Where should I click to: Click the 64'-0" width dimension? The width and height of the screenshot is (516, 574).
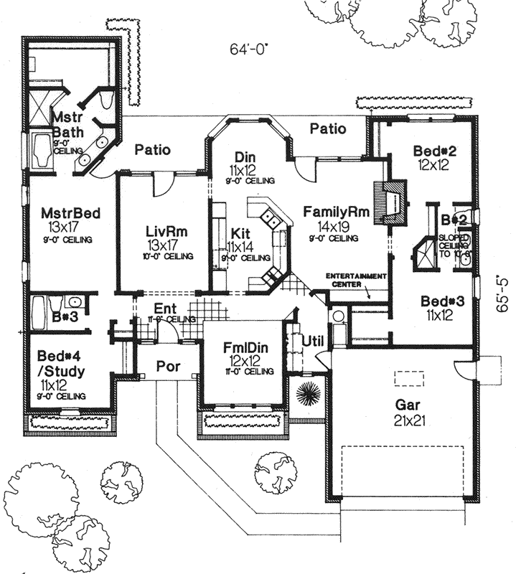[250, 50]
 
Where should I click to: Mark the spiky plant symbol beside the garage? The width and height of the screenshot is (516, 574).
[309, 392]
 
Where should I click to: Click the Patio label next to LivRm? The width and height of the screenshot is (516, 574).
[152, 150]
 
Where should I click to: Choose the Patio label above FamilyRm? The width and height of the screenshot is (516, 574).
[328, 129]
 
